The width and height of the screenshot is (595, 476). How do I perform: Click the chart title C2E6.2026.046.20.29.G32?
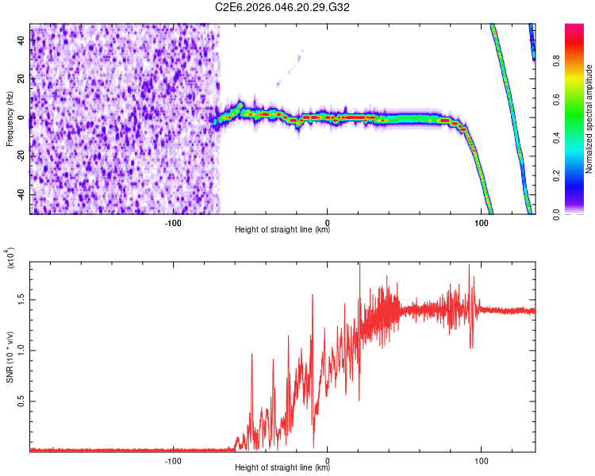point(282,7)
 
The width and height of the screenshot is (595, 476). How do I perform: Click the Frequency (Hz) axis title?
point(10,119)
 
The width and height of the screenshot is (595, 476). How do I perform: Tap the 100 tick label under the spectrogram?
point(481,222)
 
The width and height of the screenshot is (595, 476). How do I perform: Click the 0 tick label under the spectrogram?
point(328,222)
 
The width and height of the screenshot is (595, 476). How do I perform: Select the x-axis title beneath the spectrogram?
point(282,230)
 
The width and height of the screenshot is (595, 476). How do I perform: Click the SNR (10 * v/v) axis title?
point(10,357)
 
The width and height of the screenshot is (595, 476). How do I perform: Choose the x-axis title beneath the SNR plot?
point(282,468)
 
